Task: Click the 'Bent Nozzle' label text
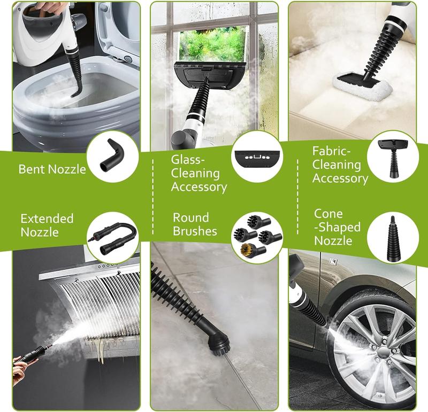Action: pos(52,169)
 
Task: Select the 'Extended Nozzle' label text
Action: pos(47,225)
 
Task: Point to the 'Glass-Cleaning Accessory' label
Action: pos(195,173)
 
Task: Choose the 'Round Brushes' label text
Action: pos(195,224)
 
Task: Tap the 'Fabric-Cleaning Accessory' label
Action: pos(340,165)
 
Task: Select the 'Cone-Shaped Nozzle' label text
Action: pos(337,227)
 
